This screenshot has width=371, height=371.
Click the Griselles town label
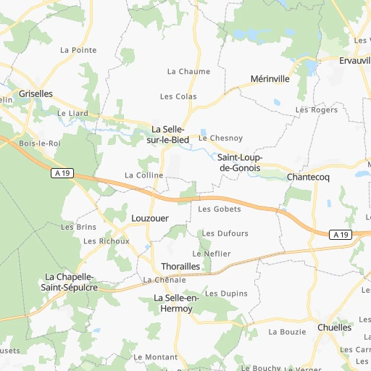(36, 94)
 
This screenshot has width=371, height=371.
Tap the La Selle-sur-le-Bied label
(169, 134)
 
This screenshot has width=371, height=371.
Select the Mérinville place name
(270, 79)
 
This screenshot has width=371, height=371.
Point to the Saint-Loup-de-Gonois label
(240, 162)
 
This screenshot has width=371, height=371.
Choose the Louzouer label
(150, 217)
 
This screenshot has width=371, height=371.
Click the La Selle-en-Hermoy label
(174, 303)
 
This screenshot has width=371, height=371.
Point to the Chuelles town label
(334, 328)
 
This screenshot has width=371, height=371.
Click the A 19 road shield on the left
(62, 173)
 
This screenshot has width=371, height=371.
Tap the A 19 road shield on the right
(340, 235)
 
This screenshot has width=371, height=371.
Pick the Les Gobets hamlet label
(219, 209)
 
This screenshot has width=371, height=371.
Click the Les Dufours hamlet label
(225, 233)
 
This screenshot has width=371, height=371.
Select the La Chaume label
(188, 72)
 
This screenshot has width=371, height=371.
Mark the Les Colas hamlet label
(178, 96)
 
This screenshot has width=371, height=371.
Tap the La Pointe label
(78, 50)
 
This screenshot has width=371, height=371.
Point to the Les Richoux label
(106, 241)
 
